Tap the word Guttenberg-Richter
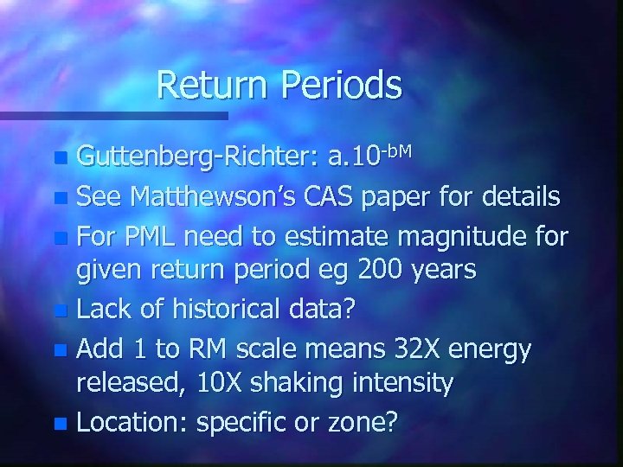[x=198, y=157]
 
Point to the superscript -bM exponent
[x=398, y=148]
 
